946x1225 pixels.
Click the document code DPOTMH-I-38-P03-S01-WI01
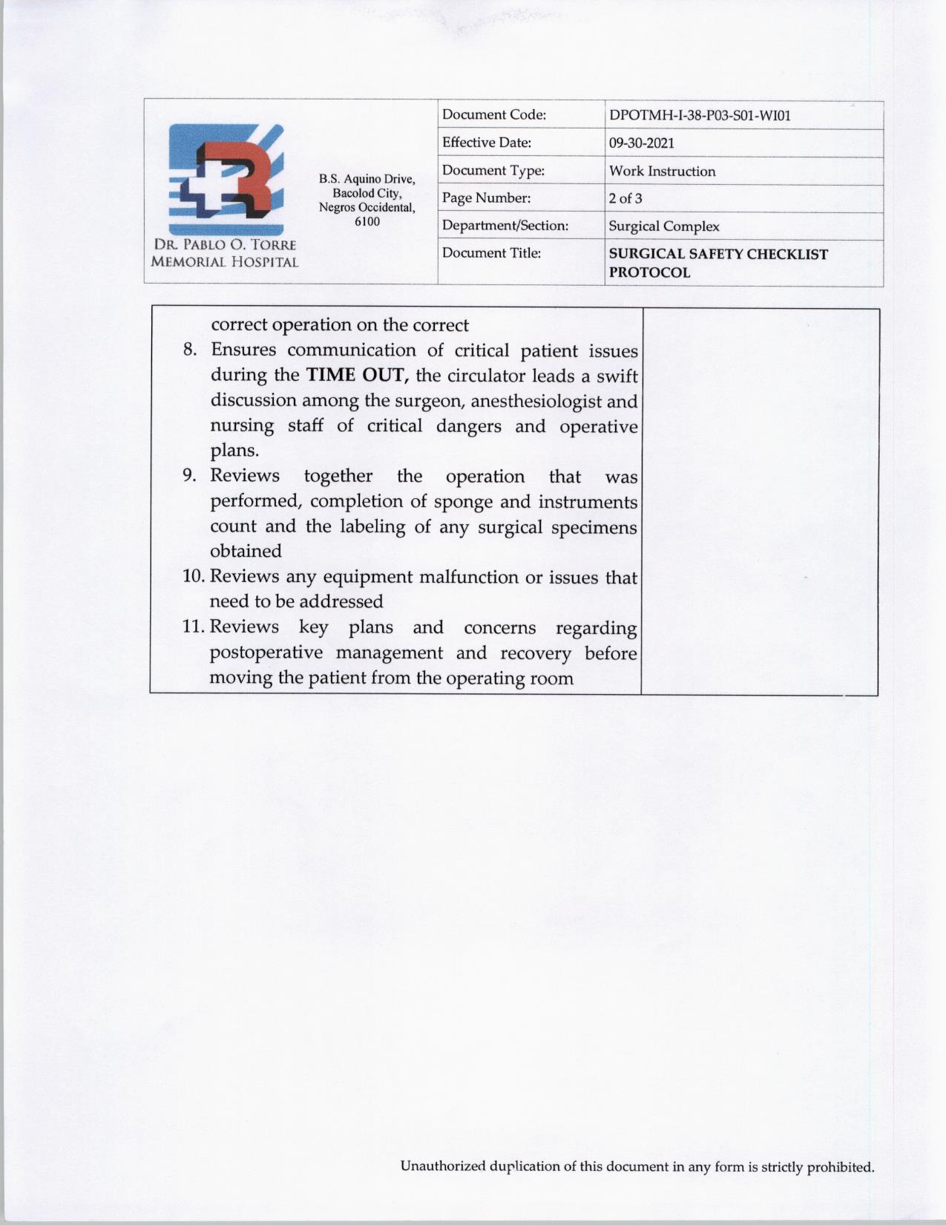pyautogui.click(x=699, y=116)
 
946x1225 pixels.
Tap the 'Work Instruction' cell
pyautogui.click(x=662, y=171)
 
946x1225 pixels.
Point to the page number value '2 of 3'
pyautogui.click(x=625, y=199)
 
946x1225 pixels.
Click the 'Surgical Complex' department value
pyautogui.click(x=663, y=226)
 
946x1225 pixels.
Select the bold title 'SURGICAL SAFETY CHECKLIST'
pyautogui.click(x=717, y=254)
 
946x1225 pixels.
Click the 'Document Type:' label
pyautogui.click(x=493, y=171)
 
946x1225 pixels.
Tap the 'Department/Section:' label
pyautogui.click(x=505, y=226)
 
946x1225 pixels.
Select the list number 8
pyautogui.click(x=189, y=350)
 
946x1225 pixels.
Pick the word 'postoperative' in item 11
pyautogui.click(x=266, y=653)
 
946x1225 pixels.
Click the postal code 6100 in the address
pyautogui.click(x=367, y=222)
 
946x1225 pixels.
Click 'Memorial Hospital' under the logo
pyautogui.click(x=224, y=262)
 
